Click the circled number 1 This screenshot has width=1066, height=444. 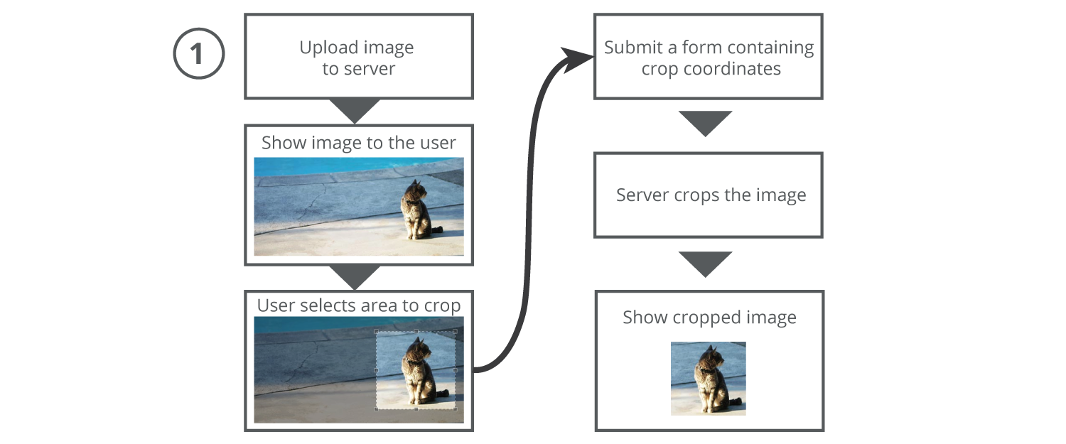[198, 54]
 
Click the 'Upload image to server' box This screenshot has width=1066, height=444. [358, 57]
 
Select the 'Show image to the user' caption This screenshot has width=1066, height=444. [358, 143]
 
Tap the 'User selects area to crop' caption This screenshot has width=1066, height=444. [358, 305]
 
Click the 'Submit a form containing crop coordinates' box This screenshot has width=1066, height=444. [708, 57]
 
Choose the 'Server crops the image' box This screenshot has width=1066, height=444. [708, 195]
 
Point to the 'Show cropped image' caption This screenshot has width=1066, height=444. [709, 318]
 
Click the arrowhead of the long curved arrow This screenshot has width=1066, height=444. [578, 59]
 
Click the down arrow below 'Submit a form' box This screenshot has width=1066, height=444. [705, 123]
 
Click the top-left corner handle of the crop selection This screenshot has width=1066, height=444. [377, 332]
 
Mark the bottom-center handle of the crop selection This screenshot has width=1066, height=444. [416, 409]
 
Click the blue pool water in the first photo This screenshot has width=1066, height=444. [320, 166]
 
